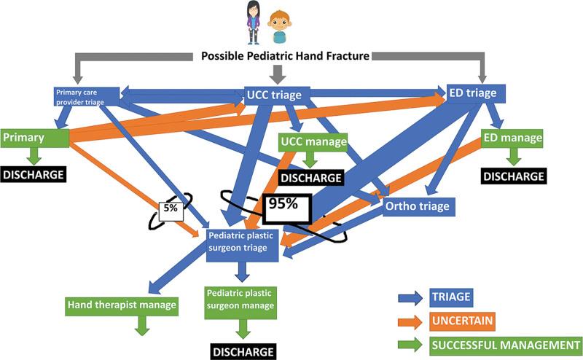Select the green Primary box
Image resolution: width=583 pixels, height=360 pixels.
coord(34,137)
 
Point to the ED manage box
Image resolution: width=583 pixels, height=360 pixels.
coord(512,138)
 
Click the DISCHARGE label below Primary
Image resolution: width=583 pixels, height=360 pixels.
coord(34,176)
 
